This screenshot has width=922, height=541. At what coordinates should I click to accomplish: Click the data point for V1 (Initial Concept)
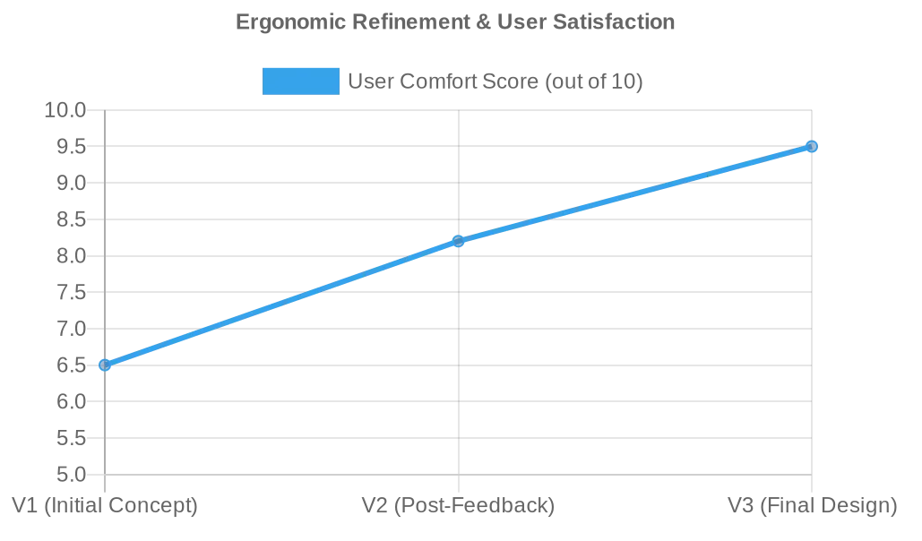[105, 365]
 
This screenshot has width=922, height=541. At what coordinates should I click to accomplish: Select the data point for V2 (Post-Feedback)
[459, 241]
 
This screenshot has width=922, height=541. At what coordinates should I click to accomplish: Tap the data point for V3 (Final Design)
[812, 146]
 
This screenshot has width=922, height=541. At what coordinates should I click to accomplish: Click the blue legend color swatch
[300, 82]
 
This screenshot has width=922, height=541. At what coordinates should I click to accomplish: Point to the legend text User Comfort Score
[495, 82]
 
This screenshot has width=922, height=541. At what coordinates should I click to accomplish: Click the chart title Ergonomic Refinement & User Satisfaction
[455, 21]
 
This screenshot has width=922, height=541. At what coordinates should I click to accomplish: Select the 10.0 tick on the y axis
[65, 110]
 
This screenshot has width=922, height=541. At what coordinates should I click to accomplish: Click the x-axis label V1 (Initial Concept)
[105, 505]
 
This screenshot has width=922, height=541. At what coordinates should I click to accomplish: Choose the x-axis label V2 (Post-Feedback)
[459, 505]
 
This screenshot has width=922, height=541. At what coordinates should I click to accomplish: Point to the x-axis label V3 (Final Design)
[812, 505]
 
